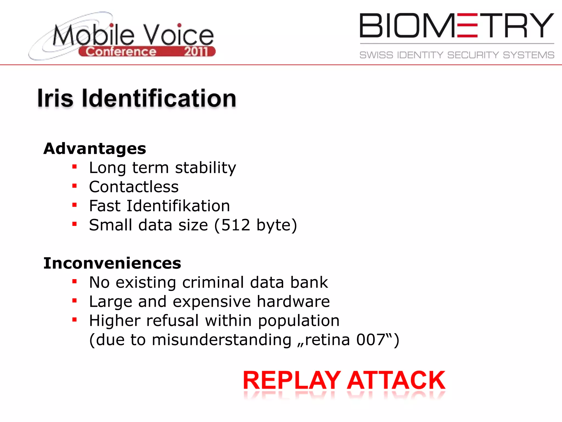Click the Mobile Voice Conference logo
pyautogui.click(x=122, y=37)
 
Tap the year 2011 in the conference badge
pyautogui.click(x=196, y=52)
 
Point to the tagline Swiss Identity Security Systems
pyautogui.click(x=457, y=55)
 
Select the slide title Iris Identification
pyautogui.click(x=137, y=98)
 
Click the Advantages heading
pyautogui.click(x=95, y=149)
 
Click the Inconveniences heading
pyautogui.click(x=112, y=263)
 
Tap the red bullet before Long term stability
pyautogui.click(x=74, y=167)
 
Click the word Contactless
pyautogui.click(x=134, y=187)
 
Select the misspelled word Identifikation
pyautogui.click(x=178, y=206)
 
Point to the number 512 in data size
pyautogui.click(x=236, y=225)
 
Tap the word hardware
pyautogui.click(x=293, y=302)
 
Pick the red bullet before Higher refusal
pyautogui.click(x=74, y=320)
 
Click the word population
pyautogui.click(x=299, y=321)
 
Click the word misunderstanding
pyautogui.click(x=221, y=340)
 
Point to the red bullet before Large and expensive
pyautogui.click(x=74, y=301)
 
